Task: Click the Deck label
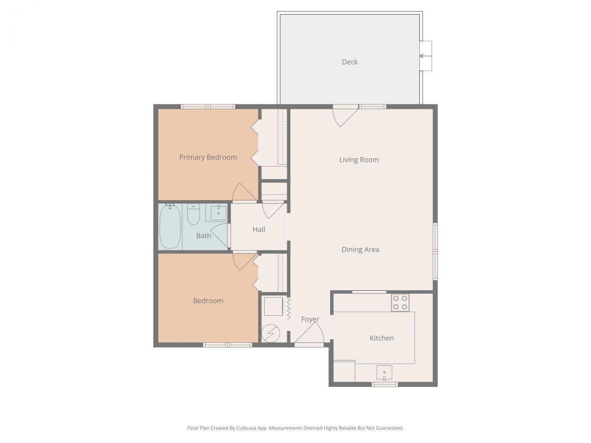point(350,62)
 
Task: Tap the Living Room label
point(359,160)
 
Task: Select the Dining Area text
point(360,250)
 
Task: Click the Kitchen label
point(382,338)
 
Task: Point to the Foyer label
point(310,319)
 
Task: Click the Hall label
point(259,229)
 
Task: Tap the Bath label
point(203,236)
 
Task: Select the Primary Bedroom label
point(208,157)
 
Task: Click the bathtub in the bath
point(170,227)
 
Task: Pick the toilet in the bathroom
point(193,214)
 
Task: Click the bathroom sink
point(218,213)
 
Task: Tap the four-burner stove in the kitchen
point(400,303)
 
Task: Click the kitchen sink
point(384,372)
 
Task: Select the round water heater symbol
point(271,333)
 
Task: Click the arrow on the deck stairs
point(422,56)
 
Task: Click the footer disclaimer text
point(295,428)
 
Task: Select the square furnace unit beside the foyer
point(272,306)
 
